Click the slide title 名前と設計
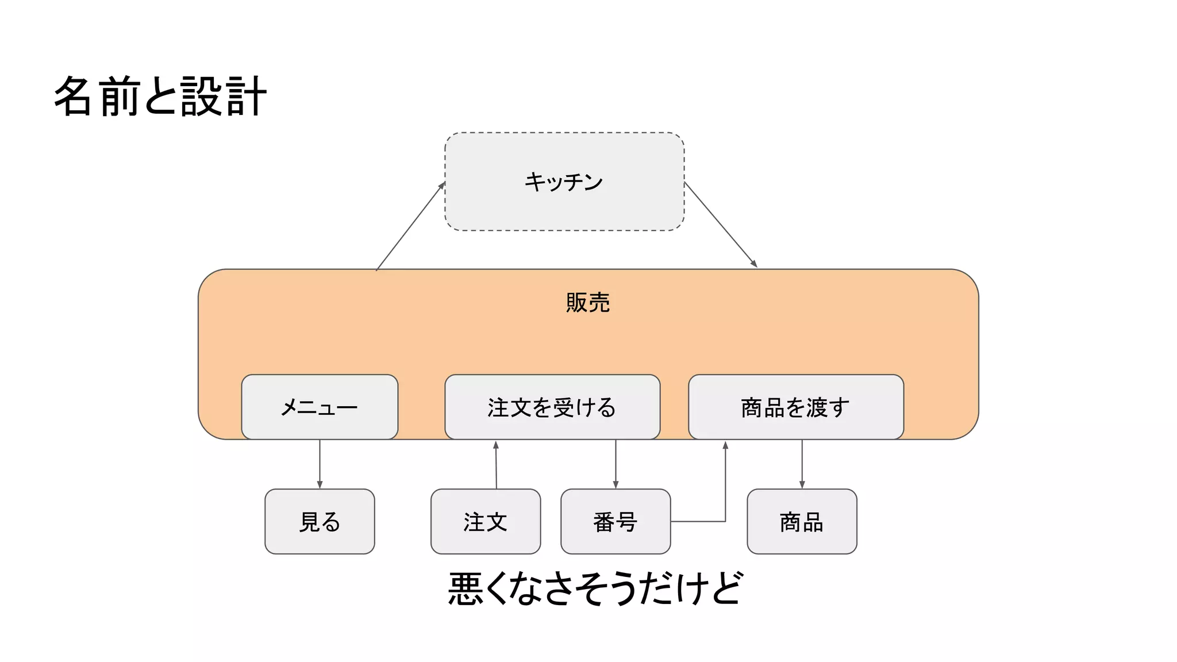(x=160, y=97)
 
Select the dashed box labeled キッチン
(x=564, y=182)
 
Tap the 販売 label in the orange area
(x=587, y=303)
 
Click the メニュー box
(x=320, y=407)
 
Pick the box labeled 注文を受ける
(x=552, y=407)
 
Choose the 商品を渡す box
(x=795, y=407)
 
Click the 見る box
(x=320, y=522)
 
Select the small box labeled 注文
(x=485, y=522)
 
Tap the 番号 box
(x=615, y=522)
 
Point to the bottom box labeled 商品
(x=801, y=522)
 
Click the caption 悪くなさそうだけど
(x=595, y=588)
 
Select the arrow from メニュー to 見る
(x=320, y=464)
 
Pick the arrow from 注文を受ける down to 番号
(x=616, y=464)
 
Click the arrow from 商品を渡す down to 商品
(x=802, y=464)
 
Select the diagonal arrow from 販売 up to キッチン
(x=410, y=226)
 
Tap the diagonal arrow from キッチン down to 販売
(x=721, y=225)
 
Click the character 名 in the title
(x=73, y=97)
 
